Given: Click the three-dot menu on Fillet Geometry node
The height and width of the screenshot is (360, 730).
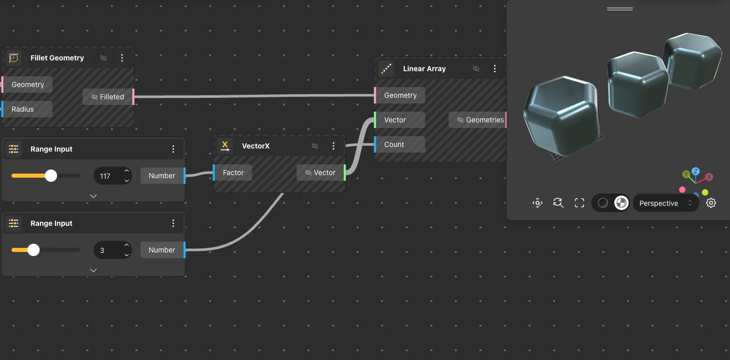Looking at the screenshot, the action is (122, 58).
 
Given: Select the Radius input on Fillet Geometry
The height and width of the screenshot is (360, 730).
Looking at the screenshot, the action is (27, 109).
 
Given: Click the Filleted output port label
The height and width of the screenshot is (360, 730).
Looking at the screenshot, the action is (108, 97).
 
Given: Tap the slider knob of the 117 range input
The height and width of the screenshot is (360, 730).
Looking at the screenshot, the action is (51, 176).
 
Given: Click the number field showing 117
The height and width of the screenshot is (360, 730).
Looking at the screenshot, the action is (113, 176).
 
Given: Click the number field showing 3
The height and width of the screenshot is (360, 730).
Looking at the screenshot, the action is (113, 250).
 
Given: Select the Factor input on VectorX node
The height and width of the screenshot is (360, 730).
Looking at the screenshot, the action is (233, 173).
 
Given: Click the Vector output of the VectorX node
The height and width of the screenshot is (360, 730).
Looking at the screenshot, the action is (320, 173).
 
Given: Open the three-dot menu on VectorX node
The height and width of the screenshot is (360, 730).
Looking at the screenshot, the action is (333, 146).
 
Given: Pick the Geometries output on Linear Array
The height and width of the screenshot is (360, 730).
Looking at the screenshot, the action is (477, 120).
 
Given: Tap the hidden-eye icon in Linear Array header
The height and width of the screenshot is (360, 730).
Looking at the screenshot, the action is (476, 69).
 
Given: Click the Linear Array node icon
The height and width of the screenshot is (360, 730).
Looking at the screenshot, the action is (386, 69).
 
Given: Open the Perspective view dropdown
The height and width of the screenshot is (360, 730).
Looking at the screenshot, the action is (665, 203).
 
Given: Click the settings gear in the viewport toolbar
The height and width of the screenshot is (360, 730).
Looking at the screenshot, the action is (711, 203).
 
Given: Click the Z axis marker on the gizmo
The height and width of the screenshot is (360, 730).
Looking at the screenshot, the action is (696, 171).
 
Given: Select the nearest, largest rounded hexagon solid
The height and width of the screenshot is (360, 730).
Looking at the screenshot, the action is (561, 116).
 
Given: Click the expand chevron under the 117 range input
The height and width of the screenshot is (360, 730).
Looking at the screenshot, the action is (93, 196).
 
